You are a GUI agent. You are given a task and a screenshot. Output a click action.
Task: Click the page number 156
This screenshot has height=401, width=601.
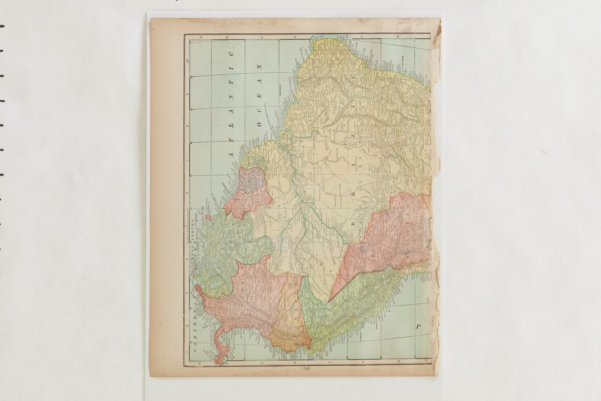point(305,369)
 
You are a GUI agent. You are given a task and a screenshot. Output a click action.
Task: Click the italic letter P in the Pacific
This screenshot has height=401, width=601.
point(418,327)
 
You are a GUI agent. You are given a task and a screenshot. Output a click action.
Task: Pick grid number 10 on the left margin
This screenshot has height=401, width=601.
point(192,58)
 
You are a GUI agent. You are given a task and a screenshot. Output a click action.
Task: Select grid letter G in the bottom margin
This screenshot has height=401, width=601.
point(415,363)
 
